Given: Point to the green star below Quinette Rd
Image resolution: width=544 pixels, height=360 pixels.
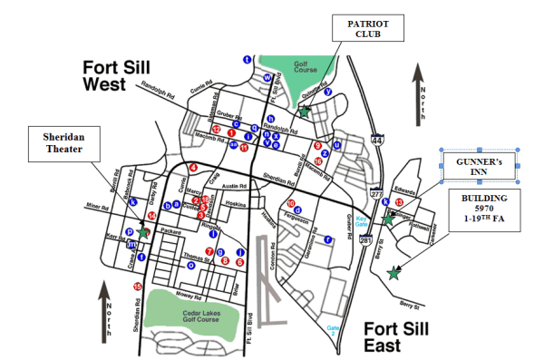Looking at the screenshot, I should pyautogui.click(x=305, y=113).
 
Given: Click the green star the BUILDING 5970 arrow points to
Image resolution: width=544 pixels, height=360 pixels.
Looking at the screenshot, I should pyautogui.click(x=393, y=273).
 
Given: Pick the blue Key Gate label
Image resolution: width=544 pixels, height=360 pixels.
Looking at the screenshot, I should pyautogui.click(x=362, y=220).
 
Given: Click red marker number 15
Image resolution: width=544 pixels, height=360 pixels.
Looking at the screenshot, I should pyautogui.click(x=137, y=287).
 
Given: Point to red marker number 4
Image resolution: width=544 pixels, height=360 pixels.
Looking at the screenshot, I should pyautogui.click(x=193, y=168).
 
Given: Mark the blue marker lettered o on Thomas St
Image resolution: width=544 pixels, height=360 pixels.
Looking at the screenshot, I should pyautogui.click(x=190, y=265).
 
